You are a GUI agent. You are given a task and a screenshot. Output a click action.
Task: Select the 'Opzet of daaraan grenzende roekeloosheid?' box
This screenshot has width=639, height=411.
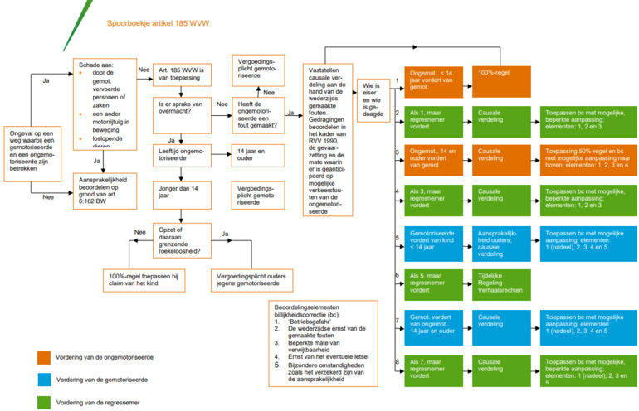tap(181, 238)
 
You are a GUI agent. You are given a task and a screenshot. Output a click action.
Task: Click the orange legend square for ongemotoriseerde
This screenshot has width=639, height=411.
tap(44, 357)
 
